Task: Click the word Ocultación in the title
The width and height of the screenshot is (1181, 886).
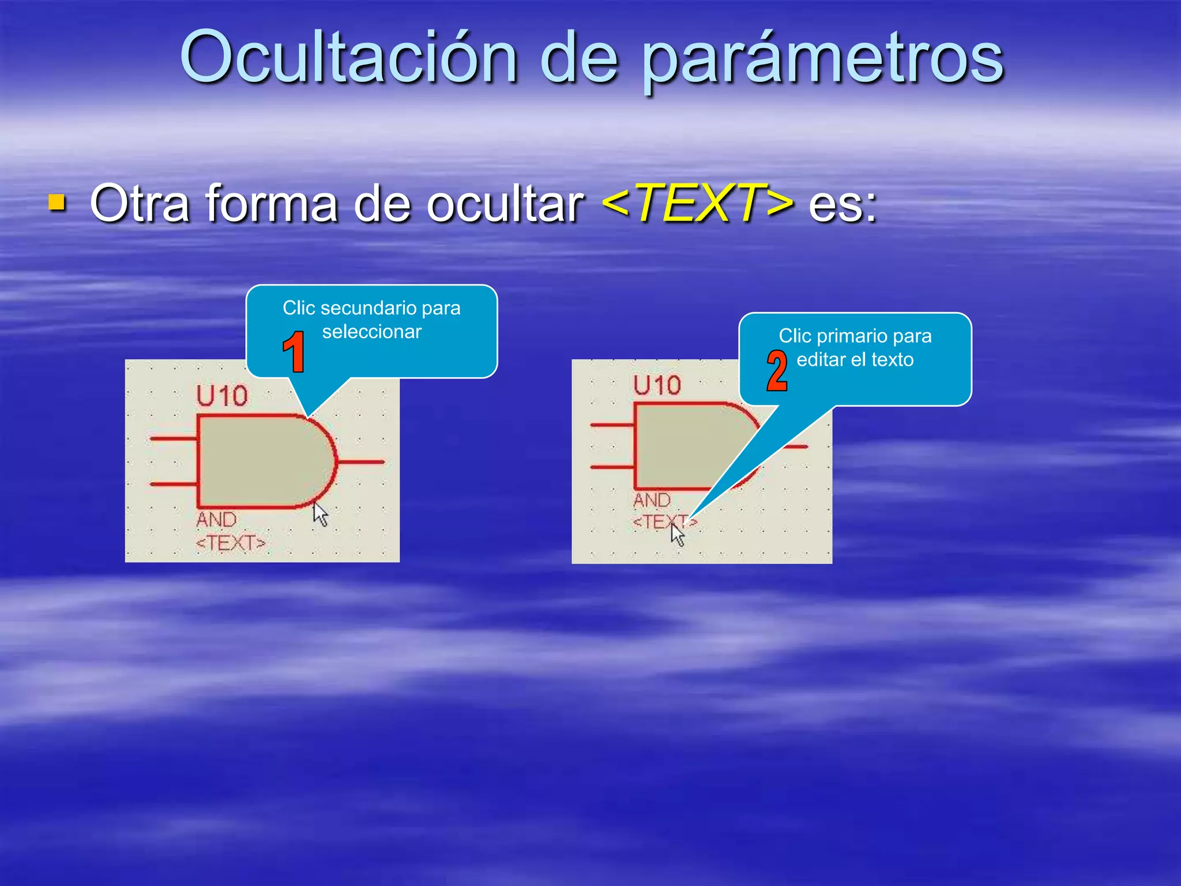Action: point(349,58)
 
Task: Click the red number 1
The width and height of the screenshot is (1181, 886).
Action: point(294,351)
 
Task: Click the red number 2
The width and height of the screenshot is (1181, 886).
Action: point(777,370)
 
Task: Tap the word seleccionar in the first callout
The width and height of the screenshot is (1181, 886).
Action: point(372,332)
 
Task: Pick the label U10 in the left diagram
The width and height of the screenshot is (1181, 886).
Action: point(222,396)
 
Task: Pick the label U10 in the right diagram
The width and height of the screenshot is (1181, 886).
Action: point(657,385)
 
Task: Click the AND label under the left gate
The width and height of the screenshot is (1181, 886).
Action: point(216,519)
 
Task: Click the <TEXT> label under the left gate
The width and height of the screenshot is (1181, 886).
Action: point(231,543)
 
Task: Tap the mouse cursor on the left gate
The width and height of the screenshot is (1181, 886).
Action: point(320,513)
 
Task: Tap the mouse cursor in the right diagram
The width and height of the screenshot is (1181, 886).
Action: point(677,534)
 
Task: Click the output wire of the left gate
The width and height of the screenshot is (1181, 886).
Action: point(360,461)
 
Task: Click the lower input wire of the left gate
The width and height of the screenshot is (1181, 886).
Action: point(173,484)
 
